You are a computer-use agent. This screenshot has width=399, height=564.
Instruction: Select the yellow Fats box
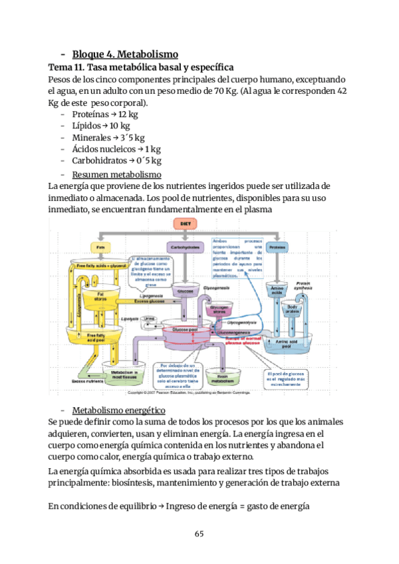pos(101,247)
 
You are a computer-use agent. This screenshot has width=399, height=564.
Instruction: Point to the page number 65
pos(199,533)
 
